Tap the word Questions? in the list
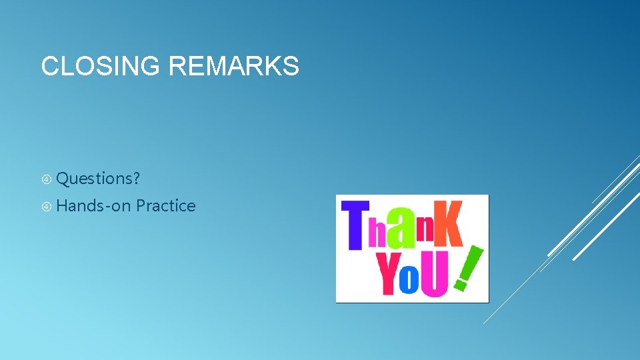(x=98, y=179)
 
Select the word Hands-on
(x=93, y=206)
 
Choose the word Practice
(x=165, y=206)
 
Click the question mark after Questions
(x=136, y=179)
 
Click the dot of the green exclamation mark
(x=459, y=286)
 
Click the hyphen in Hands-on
(x=107, y=207)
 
